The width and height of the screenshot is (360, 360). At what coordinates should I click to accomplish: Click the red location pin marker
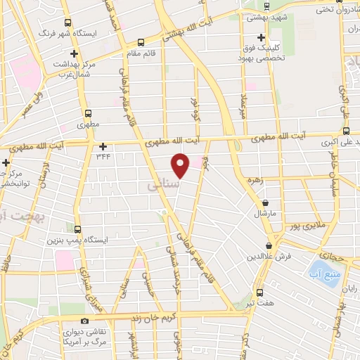pos(181,165)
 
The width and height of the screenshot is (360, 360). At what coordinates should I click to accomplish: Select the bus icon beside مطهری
pos(88,112)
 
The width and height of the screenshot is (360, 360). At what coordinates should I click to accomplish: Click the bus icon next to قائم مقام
pos(141,42)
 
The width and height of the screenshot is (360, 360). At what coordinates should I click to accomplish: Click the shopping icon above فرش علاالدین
pos(269,246)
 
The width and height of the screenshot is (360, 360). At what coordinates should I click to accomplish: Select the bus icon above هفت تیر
pos(259,292)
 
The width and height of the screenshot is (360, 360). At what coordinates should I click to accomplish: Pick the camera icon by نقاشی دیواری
pos(85,322)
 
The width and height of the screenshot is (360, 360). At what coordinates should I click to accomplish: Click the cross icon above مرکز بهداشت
pos(74,53)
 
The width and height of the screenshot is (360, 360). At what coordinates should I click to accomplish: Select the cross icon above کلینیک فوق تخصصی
pos(261,37)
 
